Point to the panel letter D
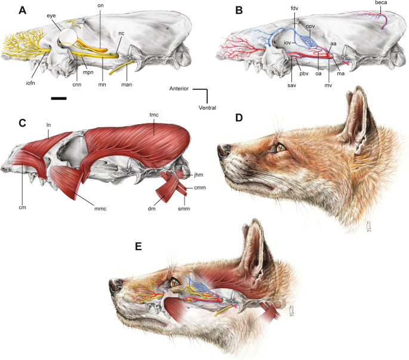[239, 118]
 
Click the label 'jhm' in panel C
[199, 174]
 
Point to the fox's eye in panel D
[279, 145]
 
